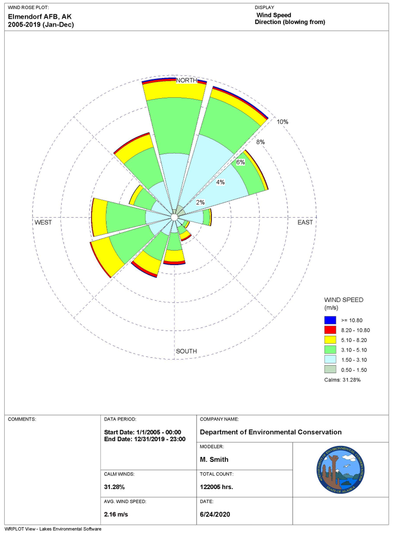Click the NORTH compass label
[186, 81]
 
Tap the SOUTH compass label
[186, 351]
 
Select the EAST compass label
[305, 223]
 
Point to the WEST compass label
[43, 223]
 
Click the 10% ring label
[283, 122]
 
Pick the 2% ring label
[200, 202]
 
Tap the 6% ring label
[240, 162]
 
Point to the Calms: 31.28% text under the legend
[342, 380]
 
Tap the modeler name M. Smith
[214, 459]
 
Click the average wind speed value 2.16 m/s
[116, 515]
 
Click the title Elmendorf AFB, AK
[40, 16]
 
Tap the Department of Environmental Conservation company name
[271, 432]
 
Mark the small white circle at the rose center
[175, 217]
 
